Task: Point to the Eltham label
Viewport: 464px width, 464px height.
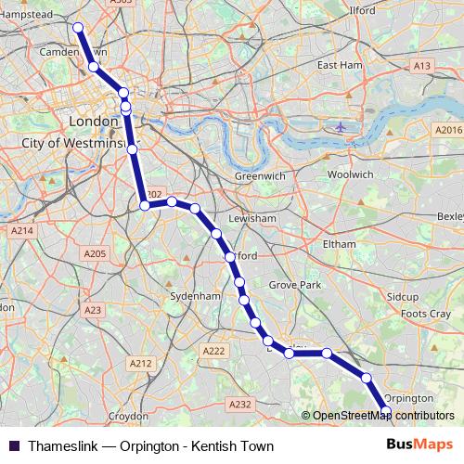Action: coord(339,243)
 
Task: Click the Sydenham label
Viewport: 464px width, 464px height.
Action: coord(195,295)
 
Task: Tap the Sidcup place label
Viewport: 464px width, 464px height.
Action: coord(404,296)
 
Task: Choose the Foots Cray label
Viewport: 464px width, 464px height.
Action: coord(426,314)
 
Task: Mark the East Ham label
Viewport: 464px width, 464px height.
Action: coord(339,66)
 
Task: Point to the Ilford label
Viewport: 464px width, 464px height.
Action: coord(362,10)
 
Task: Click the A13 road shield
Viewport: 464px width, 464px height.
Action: coord(422,66)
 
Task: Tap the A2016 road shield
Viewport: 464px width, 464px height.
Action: coord(448,130)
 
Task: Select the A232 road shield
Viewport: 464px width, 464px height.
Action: coord(240,404)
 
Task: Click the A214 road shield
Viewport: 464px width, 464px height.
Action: coord(21,229)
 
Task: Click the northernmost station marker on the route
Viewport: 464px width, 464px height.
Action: coord(78,28)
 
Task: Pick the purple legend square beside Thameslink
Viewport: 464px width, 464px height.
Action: coord(14,446)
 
